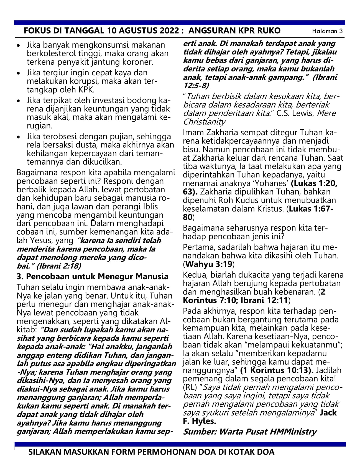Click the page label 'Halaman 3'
pos(327,31)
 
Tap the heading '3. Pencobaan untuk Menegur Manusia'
pos(93,276)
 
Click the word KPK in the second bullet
pos(86,90)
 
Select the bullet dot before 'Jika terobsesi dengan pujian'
pos(19,137)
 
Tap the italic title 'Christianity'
pos(204,122)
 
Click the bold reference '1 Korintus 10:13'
pos(277,370)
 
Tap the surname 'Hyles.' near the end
pos(199,421)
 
